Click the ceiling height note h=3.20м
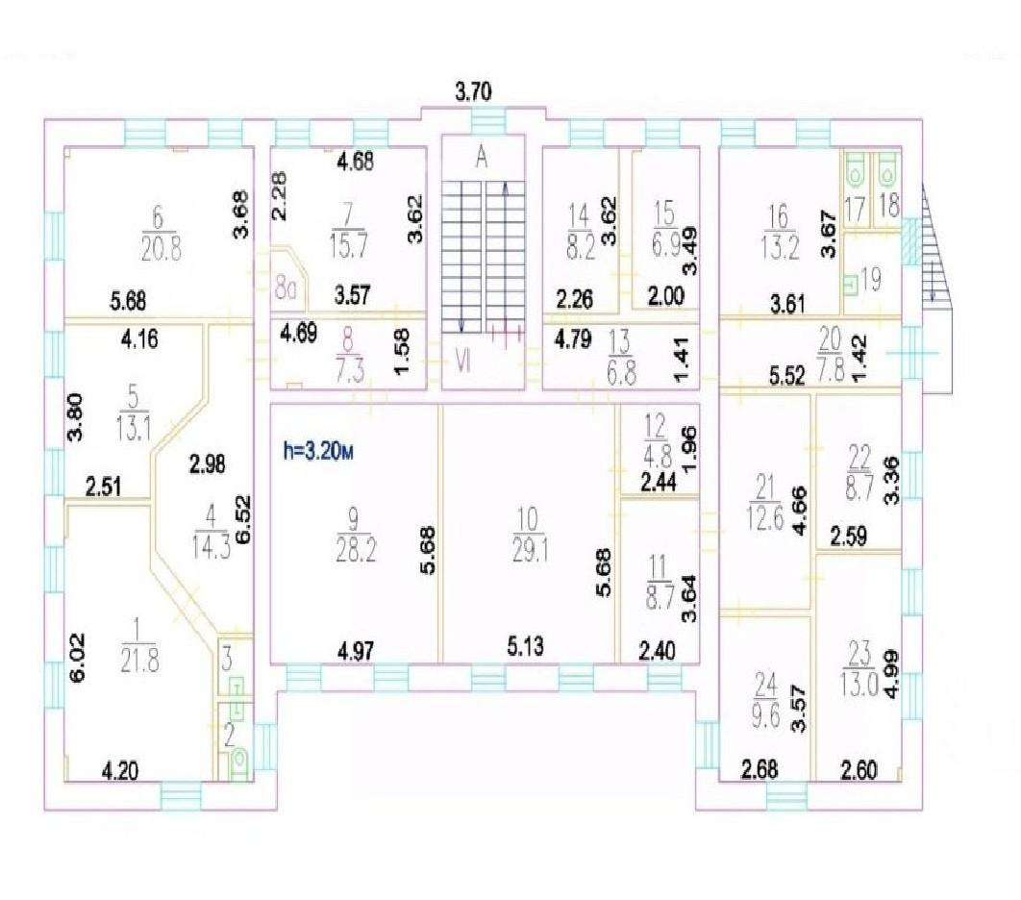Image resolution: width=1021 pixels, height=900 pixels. click(318, 451)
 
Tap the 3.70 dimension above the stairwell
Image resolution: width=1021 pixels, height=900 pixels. click(473, 91)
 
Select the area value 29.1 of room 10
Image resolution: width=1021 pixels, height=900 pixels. click(530, 552)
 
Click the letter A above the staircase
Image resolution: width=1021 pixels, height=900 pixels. click(482, 157)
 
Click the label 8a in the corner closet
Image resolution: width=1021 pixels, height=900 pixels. click(286, 289)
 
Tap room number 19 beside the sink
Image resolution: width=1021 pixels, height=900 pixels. click(871, 280)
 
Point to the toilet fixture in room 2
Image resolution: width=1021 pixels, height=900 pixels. click(240, 763)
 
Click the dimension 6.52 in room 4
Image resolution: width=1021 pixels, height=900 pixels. click(242, 519)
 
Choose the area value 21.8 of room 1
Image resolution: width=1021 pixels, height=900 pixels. click(139, 661)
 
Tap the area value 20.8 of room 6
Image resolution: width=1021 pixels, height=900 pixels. click(161, 248)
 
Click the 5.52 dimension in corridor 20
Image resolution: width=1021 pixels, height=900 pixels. click(786, 375)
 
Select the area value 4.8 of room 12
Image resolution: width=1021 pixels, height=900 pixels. click(657, 456)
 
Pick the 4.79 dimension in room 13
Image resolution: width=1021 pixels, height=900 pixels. click(572, 340)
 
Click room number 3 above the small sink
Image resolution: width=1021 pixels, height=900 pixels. click(227, 659)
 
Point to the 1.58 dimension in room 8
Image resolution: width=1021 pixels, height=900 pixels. click(403, 352)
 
